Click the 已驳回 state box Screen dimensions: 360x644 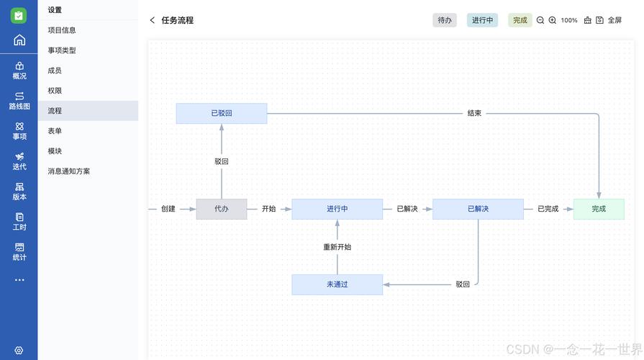[x=222, y=113]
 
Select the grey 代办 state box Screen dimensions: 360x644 [x=222, y=209]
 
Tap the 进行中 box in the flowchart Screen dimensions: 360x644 [x=337, y=209]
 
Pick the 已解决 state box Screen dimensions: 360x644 [x=478, y=209]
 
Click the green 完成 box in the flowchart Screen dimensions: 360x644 [x=599, y=209]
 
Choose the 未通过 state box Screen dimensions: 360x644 [x=337, y=284]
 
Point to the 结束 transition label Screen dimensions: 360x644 [x=474, y=113]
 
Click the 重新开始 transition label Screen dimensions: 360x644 [x=337, y=247]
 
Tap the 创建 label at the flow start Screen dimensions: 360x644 [x=168, y=209]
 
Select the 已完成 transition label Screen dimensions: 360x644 [x=548, y=209]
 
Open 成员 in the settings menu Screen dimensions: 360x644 [x=55, y=71]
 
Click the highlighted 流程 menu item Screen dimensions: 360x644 [x=55, y=111]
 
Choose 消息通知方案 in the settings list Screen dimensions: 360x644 [x=69, y=171]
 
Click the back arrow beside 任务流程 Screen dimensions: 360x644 [x=153, y=20]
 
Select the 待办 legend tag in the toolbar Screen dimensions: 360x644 [x=445, y=20]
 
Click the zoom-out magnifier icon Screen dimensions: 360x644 [x=540, y=20]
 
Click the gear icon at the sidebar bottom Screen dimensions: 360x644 [x=19, y=351]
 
